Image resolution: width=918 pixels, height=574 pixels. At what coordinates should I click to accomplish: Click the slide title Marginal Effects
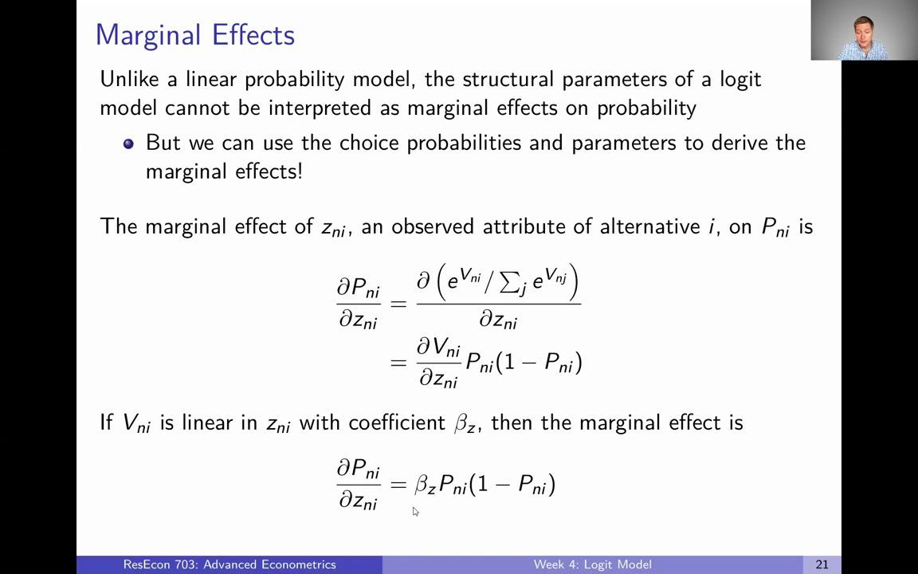[194, 35]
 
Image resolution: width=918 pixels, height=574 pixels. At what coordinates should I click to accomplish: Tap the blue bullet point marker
[128, 143]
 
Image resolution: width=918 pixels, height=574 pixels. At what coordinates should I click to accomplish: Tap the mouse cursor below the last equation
[414, 511]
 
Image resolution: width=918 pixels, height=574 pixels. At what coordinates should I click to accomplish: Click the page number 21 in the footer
[822, 564]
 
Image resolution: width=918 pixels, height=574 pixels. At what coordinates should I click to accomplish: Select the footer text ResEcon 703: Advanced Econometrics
[229, 564]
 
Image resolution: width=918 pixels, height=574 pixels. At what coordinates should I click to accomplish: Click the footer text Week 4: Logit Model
[592, 564]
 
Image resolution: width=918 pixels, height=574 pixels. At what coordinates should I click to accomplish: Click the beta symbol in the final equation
[423, 485]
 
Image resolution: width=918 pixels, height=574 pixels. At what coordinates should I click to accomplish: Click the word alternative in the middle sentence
[649, 226]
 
